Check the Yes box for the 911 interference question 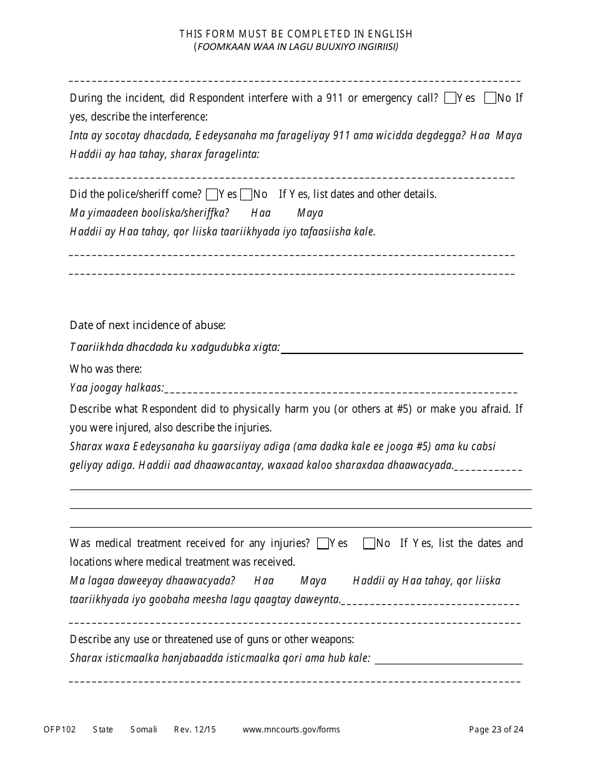pos(450,98)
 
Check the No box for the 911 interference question pos(490,98)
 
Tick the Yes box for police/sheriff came pos(212,194)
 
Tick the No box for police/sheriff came pos(246,194)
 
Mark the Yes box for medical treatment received pos(323,543)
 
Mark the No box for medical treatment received pos(369,543)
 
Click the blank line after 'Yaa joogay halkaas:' pos(341,390)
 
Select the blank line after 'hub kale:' pos(448,660)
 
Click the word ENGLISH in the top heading pos(390,34)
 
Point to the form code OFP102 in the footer pos(59,729)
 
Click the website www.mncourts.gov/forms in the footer pos(291,729)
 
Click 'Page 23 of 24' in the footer pos(496,729)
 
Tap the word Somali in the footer pos(144,729)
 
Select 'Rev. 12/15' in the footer pos(195,729)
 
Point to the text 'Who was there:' pos(105,369)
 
